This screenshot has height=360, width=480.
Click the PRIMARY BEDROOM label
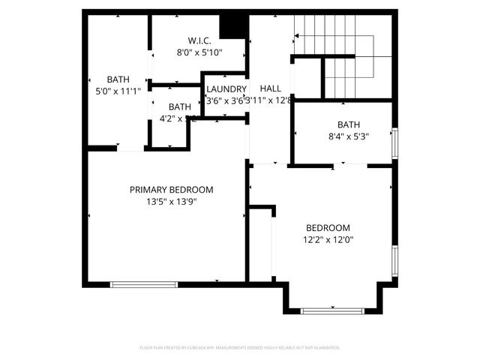(x=171, y=190)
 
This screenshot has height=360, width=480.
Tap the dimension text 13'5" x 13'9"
(x=171, y=201)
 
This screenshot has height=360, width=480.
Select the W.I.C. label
(x=199, y=40)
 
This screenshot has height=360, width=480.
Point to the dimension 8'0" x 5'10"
(x=199, y=52)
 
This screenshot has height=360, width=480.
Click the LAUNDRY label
(x=226, y=88)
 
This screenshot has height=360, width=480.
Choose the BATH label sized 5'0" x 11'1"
(x=118, y=79)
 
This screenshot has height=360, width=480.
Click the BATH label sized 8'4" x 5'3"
(x=348, y=124)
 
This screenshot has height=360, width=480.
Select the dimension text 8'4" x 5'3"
(x=348, y=136)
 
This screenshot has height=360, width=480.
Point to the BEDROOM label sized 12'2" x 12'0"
(x=328, y=228)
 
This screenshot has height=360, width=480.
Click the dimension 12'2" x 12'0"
(x=328, y=240)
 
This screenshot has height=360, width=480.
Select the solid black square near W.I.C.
(x=238, y=26)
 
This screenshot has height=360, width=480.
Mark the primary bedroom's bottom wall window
(x=144, y=284)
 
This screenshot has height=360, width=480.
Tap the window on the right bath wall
(x=395, y=143)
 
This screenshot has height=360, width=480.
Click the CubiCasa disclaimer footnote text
(x=240, y=348)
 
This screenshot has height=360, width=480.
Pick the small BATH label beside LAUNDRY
(x=179, y=107)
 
